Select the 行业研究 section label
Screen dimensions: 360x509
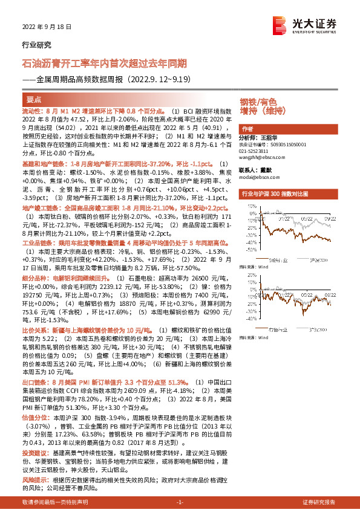pos(37,45)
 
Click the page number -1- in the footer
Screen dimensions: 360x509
pos(179,502)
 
